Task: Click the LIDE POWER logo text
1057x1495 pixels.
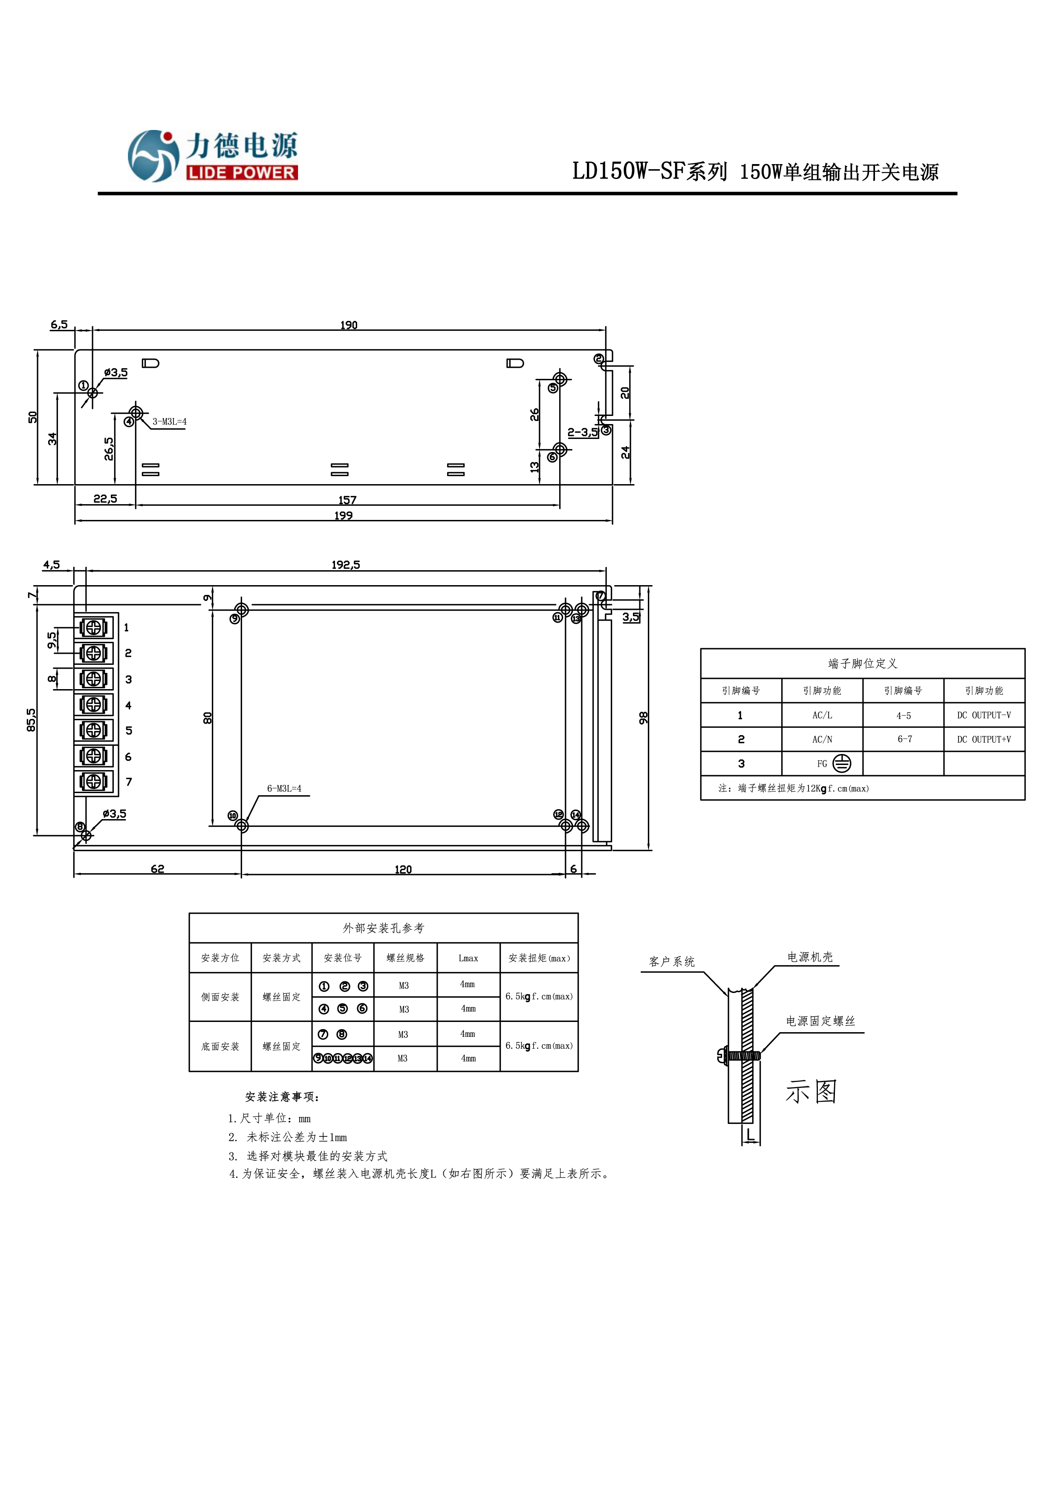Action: point(242,173)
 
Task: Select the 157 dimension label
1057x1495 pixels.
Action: point(347,500)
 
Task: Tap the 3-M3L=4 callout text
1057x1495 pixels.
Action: point(169,422)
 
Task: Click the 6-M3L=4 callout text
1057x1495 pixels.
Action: point(284,788)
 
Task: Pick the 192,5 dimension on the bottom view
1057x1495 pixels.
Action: point(345,565)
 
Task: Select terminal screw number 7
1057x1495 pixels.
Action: point(93,781)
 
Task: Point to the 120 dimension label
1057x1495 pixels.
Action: point(403,869)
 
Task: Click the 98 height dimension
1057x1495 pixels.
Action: point(644,718)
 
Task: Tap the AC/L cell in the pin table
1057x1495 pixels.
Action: point(822,715)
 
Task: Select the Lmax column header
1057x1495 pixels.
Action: point(468,958)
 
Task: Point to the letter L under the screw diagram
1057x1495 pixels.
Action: point(750,1135)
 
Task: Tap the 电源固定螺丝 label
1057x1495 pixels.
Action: point(820,1021)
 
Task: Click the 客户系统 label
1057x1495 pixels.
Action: point(671,962)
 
